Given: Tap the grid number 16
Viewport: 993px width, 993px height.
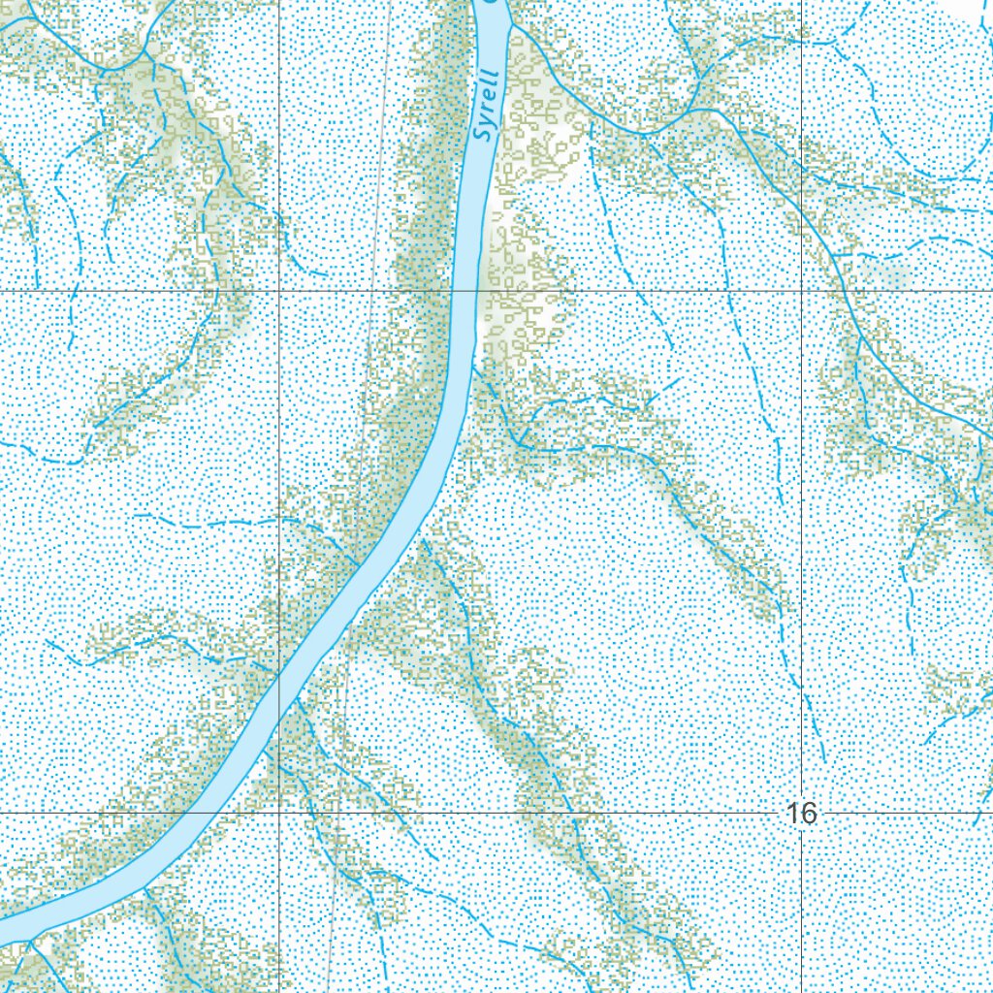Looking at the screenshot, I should (801, 814).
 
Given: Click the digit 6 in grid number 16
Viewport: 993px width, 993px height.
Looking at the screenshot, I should (809, 814).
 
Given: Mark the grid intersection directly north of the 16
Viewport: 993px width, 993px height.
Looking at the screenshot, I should (802, 290).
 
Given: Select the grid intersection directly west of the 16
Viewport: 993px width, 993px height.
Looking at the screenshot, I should (279, 811).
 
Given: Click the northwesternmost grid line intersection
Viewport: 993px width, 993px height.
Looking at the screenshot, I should (279, 290).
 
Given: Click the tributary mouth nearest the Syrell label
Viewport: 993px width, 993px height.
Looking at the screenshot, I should (510, 26).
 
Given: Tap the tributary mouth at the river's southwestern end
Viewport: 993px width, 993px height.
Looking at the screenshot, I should (29, 939).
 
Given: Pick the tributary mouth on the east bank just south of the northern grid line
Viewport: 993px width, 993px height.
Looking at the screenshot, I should (474, 368).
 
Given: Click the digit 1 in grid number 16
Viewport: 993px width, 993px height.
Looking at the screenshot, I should (793, 814).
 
